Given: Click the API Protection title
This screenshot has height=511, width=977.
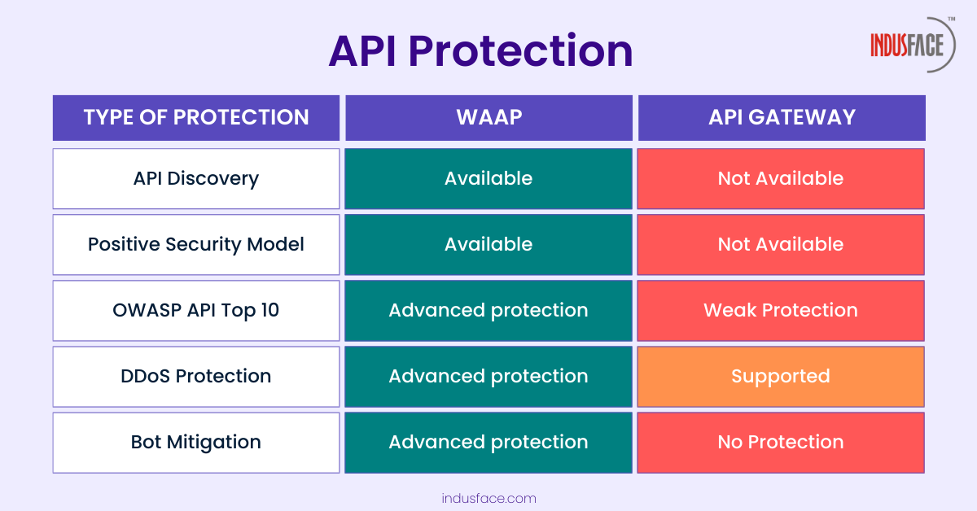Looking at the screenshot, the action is (480, 52).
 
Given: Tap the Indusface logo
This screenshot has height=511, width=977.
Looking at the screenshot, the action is (913, 45).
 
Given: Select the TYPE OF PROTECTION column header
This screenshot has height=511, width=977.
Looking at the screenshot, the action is (196, 118).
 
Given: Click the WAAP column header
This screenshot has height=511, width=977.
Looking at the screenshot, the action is (489, 118).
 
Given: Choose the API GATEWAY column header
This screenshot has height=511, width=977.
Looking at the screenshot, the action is (782, 118).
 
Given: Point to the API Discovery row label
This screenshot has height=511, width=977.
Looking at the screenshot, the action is (196, 179).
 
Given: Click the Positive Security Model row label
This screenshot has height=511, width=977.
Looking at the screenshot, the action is (196, 245).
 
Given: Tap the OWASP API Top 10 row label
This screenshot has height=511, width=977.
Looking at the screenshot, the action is (196, 311).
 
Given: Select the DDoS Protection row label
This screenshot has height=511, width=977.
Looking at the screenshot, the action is (196, 377).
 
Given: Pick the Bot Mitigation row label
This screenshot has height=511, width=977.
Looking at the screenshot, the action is (196, 443).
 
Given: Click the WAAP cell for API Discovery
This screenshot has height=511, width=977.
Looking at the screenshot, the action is (488, 179).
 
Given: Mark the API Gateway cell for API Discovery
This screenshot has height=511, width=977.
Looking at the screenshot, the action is (781, 179).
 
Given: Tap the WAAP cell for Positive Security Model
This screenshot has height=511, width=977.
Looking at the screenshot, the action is (488, 245).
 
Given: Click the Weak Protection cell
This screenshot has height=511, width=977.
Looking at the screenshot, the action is (781, 311).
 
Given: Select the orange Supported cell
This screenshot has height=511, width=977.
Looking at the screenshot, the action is (781, 377).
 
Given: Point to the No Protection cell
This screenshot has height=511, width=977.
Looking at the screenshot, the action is (781, 443).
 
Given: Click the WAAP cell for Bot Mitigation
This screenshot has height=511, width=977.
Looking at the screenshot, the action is (488, 443).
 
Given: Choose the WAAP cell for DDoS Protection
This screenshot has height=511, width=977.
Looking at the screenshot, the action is (488, 377).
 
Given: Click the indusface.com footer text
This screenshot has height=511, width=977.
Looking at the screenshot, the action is (489, 498).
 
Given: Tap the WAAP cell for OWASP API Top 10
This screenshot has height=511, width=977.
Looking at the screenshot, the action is (488, 311).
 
